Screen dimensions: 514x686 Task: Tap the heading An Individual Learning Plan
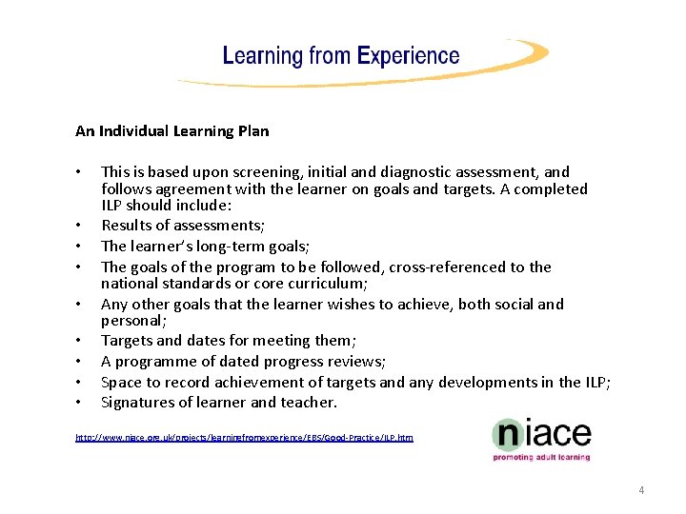click(172, 130)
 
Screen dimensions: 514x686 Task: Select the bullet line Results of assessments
click(183, 226)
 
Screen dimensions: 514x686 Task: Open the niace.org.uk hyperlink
click(244, 437)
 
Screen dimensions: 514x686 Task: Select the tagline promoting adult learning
click(540, 457)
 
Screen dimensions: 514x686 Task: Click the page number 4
click(641, 490)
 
